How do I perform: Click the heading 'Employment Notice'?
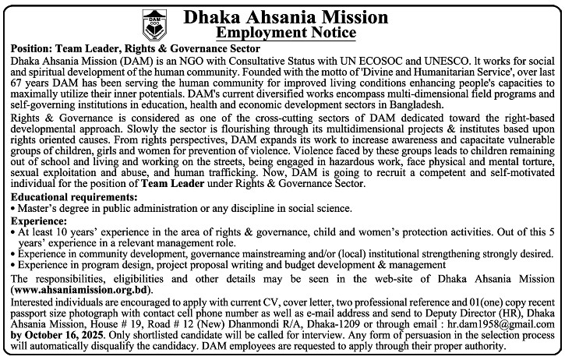coord(286,33)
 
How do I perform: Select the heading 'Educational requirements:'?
coord(75,199)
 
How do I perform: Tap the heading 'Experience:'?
coord(39,221)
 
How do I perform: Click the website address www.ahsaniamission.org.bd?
coord(80,289)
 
